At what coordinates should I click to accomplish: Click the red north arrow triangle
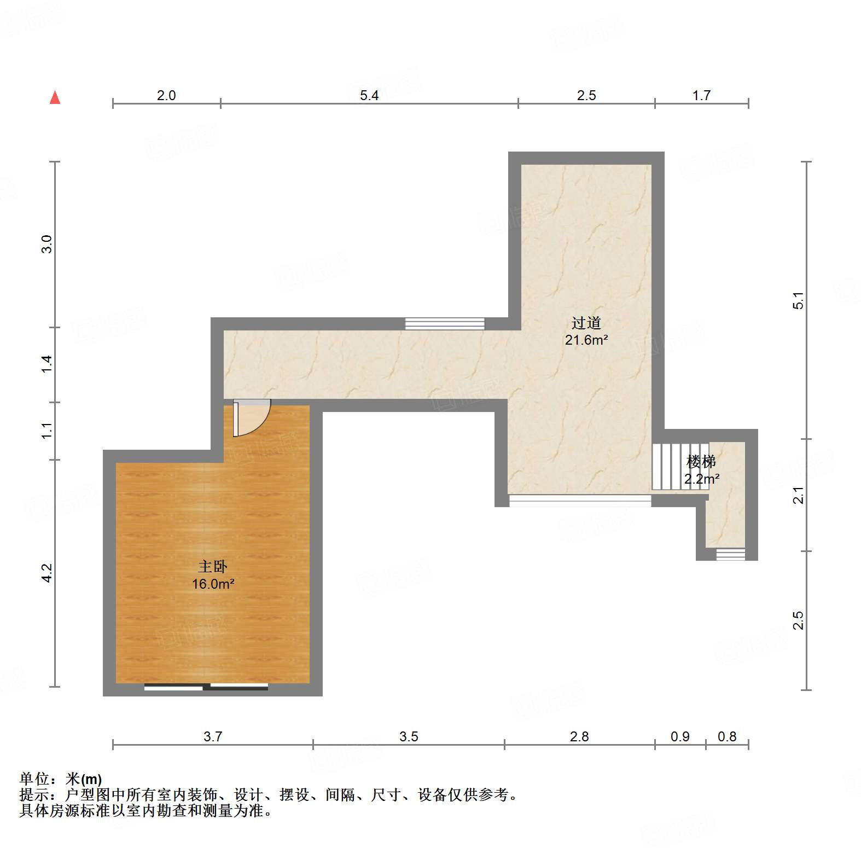click(x=55, y=97)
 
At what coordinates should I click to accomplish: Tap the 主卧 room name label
click(x=212, y=567)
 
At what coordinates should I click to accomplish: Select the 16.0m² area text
click(x=213, y=584)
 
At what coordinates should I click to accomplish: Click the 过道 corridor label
click(x=586, y=323)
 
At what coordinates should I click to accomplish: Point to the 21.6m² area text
click(x=586, y=340)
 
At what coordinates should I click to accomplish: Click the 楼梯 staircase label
click(x=701, y=462)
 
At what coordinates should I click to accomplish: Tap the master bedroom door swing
click(x=251, y=419)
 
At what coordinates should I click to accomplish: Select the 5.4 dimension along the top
click(x=369, y=96)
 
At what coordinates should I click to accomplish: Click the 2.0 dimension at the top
click(x=166, y=96)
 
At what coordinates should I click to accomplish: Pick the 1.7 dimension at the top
click(x=701, y=96)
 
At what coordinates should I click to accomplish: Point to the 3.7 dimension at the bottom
click(x=213, y=736)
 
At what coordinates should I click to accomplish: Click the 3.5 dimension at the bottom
click(x=409, y=736)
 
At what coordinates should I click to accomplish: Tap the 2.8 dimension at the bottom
click(x=579, y=736)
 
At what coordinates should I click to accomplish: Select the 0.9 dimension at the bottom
click(x=680, y=736)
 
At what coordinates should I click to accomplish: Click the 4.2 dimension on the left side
click(x=47, y=573)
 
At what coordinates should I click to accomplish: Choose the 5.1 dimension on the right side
click(x=799, y=301)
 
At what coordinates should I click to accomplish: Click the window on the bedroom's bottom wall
click(x=206, y=687)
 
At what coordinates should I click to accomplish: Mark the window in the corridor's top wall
click(x=445, y=324)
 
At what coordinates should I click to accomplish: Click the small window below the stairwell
click(x=730, y=555)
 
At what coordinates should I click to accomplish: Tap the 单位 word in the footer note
click(x=34, y=779)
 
